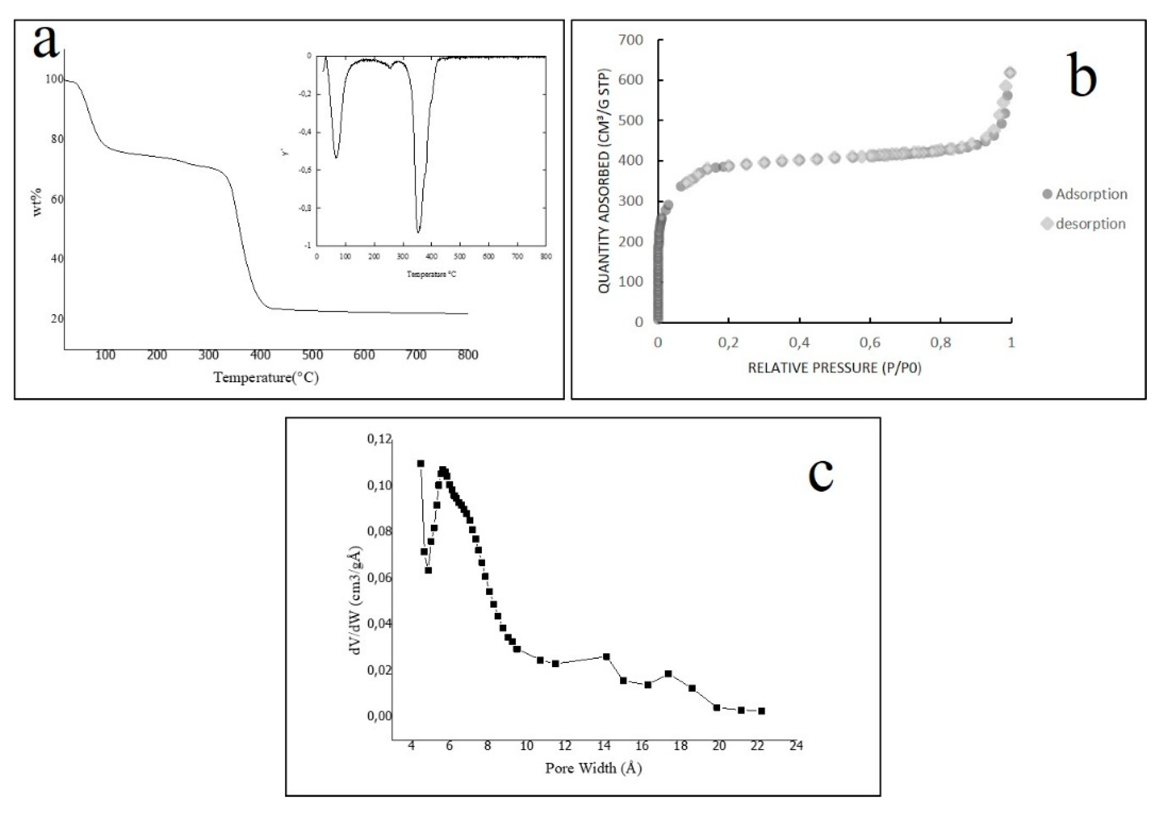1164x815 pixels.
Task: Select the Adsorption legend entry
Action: (1084, 194)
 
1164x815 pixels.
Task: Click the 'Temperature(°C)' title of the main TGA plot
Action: (266, 377)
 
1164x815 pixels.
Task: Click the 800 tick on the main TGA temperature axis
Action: (467, 355)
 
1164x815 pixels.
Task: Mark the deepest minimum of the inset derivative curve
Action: (418, 232)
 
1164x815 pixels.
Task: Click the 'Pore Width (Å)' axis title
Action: (593, 768)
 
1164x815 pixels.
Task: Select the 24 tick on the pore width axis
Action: (796, 746)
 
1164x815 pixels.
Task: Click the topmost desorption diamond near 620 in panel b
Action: (1010, 73)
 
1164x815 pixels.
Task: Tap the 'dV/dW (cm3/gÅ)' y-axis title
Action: (356, 600)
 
